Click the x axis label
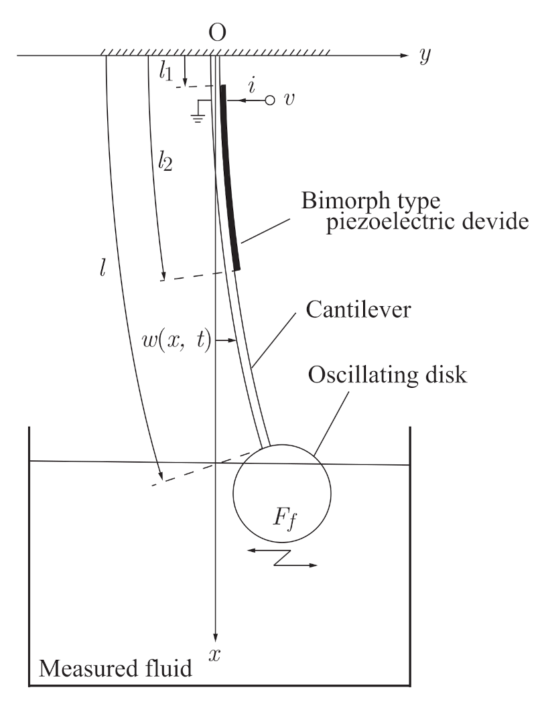215,656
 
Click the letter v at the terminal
289,100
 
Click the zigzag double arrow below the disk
282,557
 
